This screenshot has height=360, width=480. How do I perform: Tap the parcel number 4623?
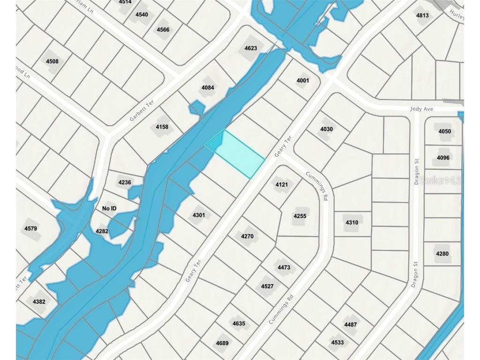click(251, 48)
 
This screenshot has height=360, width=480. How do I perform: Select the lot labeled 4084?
click(208, 88)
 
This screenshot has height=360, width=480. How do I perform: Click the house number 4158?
click(162, 127)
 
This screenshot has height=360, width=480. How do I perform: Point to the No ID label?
click(109, 208)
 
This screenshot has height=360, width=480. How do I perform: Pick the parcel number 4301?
click(199, 215)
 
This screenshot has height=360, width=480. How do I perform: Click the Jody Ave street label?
click(422, 109)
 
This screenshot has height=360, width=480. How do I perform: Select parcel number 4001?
click(303, 81)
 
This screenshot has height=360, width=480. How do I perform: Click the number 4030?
click(326, 129)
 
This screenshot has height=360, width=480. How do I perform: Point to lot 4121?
click(282, 185)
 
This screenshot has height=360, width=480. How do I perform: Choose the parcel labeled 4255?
click(300, 216)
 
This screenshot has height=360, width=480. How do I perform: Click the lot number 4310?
click(352, 222)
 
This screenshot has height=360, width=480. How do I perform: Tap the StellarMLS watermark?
click(440, 180)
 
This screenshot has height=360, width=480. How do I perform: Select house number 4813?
click(422, 15)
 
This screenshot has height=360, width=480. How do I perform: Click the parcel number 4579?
click(30, 229)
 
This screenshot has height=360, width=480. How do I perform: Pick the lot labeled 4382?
click(39, 302)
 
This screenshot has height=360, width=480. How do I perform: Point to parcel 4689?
click(222, 343)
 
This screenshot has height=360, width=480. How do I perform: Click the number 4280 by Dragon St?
click(442, 254)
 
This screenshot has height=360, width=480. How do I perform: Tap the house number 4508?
click(52, 61)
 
